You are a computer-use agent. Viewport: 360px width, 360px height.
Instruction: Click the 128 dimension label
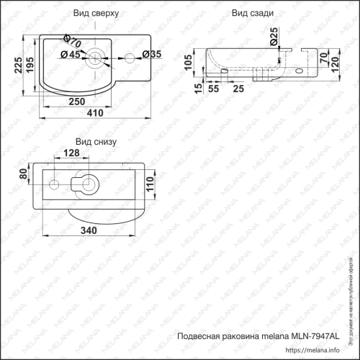point(72,153)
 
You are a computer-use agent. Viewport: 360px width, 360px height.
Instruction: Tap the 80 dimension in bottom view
point(23,173)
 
